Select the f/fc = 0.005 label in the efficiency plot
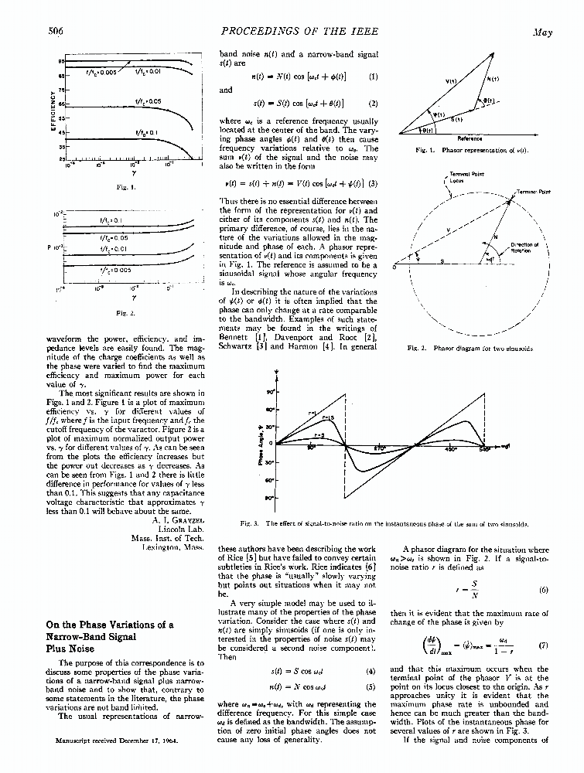(101, 72)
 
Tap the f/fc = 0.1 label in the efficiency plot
(146, 131)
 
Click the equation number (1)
(374, 77)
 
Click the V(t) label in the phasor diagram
(451, 81)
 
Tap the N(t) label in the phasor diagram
(492, 79)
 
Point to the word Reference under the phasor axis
(470, 139)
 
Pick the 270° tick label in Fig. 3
(380, 448)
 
